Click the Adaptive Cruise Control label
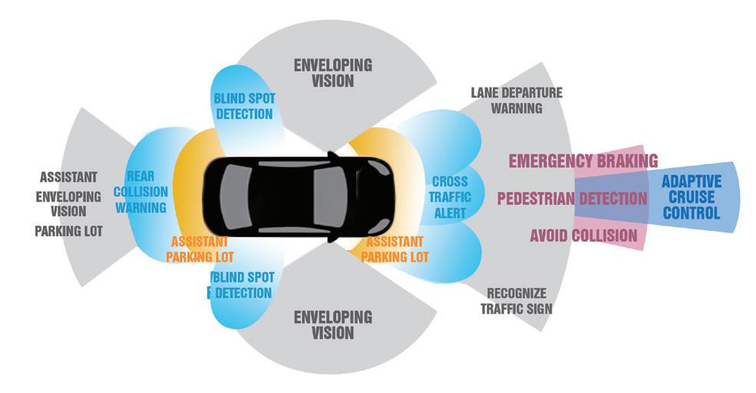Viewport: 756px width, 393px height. coord(692,197)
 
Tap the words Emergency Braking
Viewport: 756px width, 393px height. coord(583,161)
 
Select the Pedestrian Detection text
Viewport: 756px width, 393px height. coord(572,199)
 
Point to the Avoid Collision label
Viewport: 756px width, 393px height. coord(583,235)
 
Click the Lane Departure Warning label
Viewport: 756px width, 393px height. coord(516,101)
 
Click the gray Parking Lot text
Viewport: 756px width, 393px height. coord(68,230)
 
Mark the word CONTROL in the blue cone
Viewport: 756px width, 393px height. coord(692,213)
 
